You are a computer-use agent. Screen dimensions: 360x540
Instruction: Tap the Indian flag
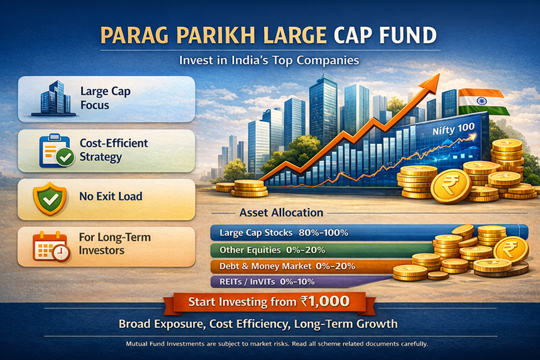(482, 101)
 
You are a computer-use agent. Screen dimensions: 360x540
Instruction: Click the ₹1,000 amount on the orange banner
(324, 302)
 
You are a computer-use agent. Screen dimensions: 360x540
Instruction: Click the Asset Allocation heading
(281, 212)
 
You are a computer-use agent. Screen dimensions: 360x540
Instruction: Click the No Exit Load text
(111, 197)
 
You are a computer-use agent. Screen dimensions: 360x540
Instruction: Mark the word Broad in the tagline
(137, 324)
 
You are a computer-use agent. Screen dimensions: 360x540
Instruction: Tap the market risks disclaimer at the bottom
(269, 344)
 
